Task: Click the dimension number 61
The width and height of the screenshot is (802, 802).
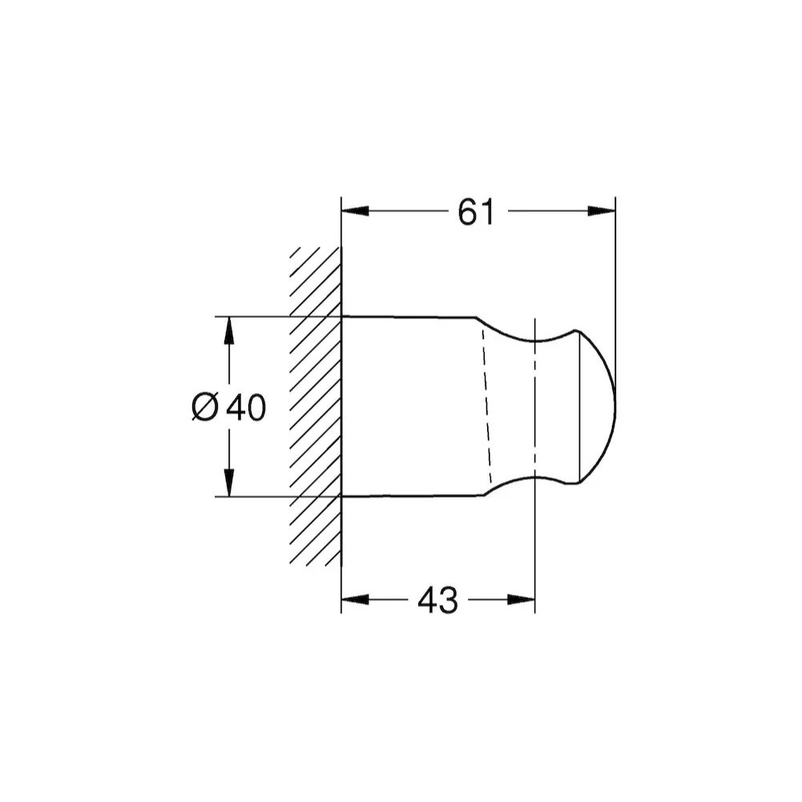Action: point(476,212)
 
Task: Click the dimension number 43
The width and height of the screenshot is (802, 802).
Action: point(437,600)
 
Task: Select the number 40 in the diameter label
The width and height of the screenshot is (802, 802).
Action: point(246,408)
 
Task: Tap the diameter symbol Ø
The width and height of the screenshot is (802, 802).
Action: point(205,408)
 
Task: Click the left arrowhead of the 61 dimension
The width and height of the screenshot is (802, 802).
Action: point(355,211)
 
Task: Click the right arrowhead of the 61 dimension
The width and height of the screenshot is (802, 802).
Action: point(602,211)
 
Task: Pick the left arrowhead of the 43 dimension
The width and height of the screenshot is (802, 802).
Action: point(355,599)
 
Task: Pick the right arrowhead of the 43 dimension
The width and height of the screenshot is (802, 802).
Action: point(521,599)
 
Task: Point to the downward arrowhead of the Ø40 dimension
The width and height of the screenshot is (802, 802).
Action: point(229,482)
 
